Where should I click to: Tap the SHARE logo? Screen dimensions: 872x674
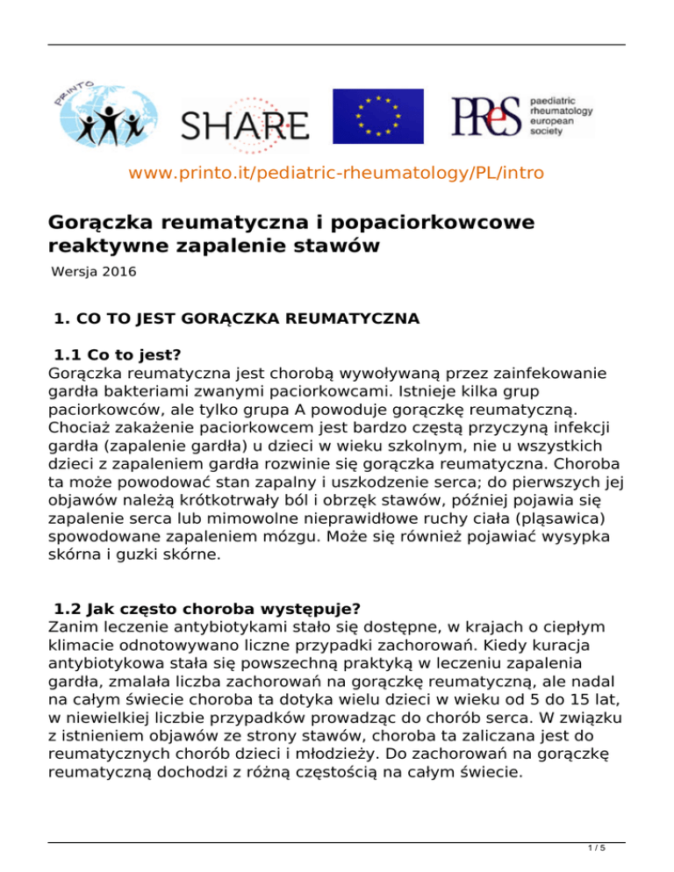pos(244,124)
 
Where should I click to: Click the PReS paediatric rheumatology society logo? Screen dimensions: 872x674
pos(522,116)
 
